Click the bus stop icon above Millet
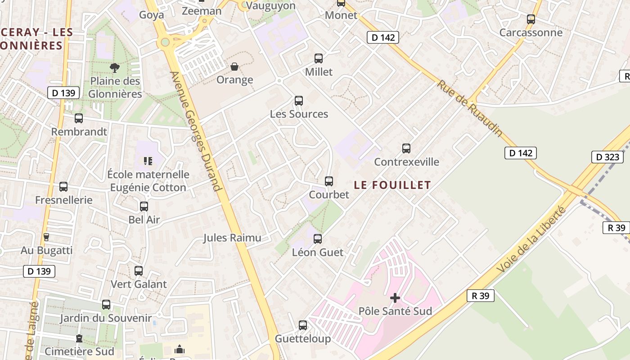pos(319,58)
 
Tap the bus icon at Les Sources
pos(299,101)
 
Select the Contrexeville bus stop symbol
pos(406,148)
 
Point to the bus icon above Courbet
pos(329,181)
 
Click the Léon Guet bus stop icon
pos(318,239)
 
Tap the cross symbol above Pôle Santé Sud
pos(395,298)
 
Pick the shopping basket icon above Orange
pos(234,67)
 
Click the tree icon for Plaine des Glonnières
pos(115,67)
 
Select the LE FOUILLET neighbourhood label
pos(392,185)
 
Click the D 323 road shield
pos(607,157)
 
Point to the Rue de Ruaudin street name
pos(470,108)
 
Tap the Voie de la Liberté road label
pos(531,239)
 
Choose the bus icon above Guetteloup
pos(303,325)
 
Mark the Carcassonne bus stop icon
pos(531,19)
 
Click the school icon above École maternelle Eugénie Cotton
pos(148,161)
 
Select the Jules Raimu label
pos(232,238)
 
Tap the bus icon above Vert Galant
pos(139,271)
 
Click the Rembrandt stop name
pos(79,132)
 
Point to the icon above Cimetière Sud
pos(79,338)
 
